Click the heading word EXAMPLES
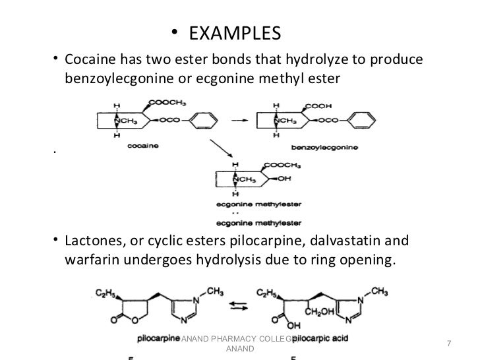pyautogui.click(x=231, y=32)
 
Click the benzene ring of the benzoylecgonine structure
pyautogui.click(x=357, y=121)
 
